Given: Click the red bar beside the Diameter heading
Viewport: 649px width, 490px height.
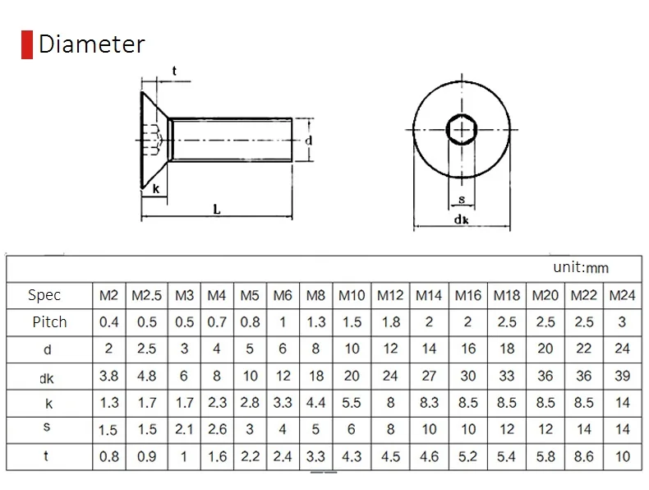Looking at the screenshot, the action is click(x=27, y=44).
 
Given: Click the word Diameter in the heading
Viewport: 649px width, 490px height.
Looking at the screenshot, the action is click(x=91, y=44).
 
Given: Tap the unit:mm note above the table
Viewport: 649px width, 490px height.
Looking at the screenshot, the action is click(x=581, y=267).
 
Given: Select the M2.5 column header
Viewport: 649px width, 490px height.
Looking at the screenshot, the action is click(x=146, y=295).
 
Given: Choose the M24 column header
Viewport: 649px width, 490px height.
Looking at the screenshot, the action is click(x=622, y=295).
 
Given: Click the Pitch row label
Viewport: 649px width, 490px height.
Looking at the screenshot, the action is click(x=49, y=321).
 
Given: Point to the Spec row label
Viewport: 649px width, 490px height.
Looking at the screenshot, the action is click(x=44, y=295).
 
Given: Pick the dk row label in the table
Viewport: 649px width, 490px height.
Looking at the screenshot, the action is click(x=46, y=378).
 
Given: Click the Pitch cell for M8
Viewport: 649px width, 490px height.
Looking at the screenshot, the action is click(x=315, y=321).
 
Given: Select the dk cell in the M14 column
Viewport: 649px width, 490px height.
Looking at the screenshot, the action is click(x=429, y=376).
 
